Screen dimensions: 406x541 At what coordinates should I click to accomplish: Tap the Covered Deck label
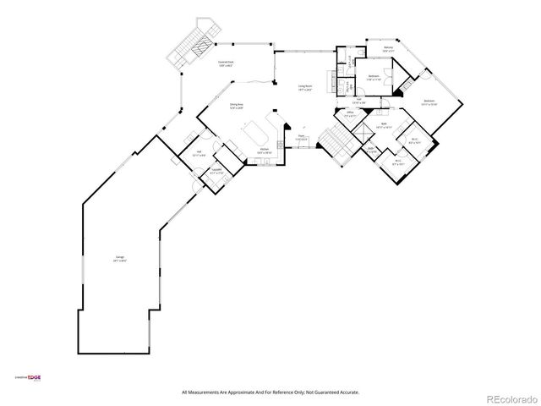tap(226, 63)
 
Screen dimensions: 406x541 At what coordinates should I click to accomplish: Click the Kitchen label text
tap(264, 150)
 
